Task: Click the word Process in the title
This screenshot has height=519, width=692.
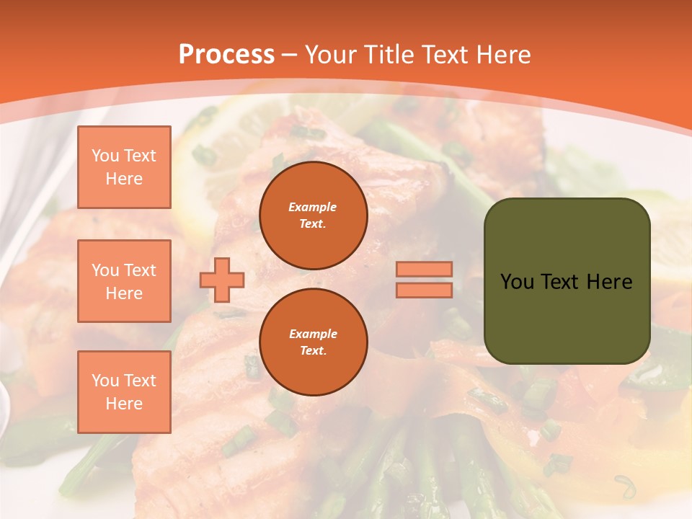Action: [226, 54]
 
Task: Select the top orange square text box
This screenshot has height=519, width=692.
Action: [124, 167]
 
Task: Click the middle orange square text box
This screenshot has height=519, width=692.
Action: [124, 281]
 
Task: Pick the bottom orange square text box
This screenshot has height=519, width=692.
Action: [124, 391]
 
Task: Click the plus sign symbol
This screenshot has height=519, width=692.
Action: [222, 279]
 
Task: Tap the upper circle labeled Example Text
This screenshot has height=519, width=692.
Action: [313, 216]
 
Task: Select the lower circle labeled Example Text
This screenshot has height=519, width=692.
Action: [313, 342]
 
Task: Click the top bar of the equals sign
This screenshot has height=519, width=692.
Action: [424, 270]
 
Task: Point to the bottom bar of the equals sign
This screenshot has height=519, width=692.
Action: [424, 290]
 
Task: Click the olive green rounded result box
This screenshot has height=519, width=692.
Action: [567, 317]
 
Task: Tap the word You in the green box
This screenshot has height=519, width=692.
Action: [517, 282]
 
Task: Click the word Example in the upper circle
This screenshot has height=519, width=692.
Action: [313, 207]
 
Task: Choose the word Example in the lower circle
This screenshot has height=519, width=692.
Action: [313, 334]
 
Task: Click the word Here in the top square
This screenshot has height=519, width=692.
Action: [124, 179]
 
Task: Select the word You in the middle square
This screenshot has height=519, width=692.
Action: [105, 270]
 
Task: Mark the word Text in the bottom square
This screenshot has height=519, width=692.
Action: [140, 381]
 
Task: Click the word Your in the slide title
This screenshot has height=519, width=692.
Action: [331, 54]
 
